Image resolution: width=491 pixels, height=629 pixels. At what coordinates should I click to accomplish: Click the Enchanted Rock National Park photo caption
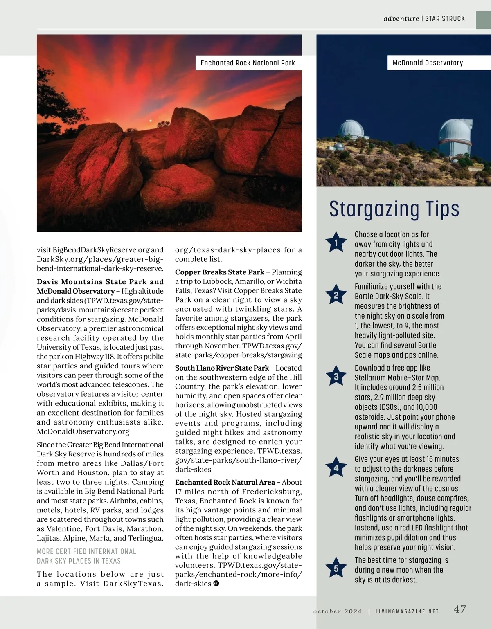tap(248, 63)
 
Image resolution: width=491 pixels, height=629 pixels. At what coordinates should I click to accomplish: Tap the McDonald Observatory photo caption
tap(428, 63)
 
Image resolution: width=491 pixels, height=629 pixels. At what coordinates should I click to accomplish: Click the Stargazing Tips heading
tap(394, 209)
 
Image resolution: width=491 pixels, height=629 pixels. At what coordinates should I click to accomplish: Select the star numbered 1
tap(336, 243)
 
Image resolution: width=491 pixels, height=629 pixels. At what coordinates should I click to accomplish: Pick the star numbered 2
tap(336, 295)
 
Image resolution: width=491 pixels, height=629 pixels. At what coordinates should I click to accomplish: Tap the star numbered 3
tap(336, 377)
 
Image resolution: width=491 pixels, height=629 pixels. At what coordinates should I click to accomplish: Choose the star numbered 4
tap(336, 468)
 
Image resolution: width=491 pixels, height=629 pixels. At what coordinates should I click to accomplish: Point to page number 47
tap(460, 609)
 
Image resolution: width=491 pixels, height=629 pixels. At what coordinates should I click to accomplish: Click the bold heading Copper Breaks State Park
tap(220, 272)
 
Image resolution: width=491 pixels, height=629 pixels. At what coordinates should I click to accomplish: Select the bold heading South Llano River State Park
tap(222, 368)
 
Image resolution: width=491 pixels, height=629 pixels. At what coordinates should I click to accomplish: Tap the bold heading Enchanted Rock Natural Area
tap(225, 482)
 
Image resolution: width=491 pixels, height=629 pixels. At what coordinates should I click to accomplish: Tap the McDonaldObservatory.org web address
tap(83, 431)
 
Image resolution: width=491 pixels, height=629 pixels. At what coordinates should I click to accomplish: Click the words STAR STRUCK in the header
tap(445, 18)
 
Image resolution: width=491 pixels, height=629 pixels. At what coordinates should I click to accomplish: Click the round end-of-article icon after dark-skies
tap(216, 584)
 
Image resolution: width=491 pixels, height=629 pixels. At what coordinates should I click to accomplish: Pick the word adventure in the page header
tap(401, 18)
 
